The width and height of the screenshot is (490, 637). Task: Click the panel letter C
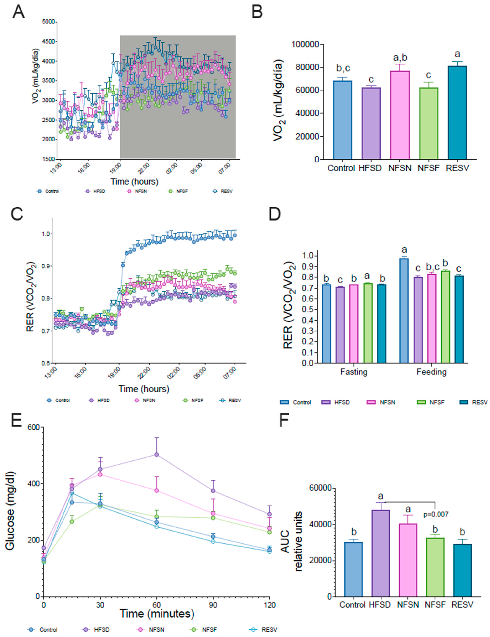tap(17, 215)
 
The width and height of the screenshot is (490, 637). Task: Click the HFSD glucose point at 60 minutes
tap(157, 455)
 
